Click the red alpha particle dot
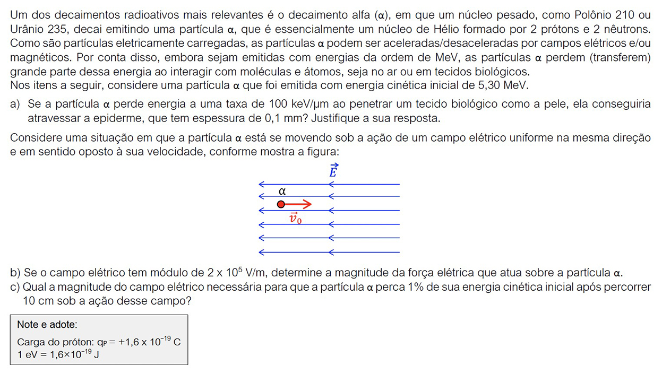click(x=281, y=205)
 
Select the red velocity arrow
click(x=298, y=204)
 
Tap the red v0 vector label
click(x=295, y=218)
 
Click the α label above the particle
click(x=282, y=191)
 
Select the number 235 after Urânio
click(x=55, y=29)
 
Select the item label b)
click(x=15, y=273)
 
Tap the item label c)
click(x=15, y=287)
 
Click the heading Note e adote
click(x=47, y=324)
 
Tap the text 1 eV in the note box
click(x=27, y=354)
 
